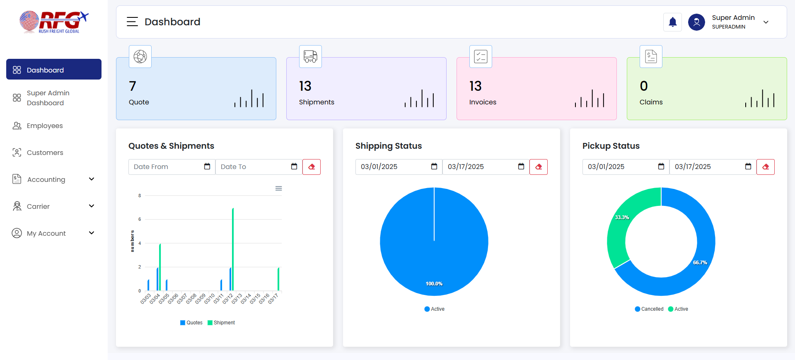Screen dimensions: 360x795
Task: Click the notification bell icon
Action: (672, 22)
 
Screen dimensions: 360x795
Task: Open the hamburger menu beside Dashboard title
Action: (132, 22)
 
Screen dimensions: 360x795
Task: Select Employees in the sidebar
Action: (45, 126)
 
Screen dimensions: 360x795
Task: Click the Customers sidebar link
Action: (45, 152)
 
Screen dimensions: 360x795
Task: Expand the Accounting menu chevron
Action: (92, 179)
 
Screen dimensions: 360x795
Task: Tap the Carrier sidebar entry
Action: (38, 206)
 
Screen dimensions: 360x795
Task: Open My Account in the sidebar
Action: (46, 233)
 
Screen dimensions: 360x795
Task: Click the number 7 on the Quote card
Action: (133, 86)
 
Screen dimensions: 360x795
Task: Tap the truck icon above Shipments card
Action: (310, 56)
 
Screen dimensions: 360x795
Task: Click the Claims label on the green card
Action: (651, 102)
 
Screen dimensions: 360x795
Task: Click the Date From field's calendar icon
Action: (207, 167)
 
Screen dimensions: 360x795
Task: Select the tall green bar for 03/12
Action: (233, 249)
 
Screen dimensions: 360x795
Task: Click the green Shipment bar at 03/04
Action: (160, 267)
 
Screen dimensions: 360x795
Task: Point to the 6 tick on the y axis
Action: (140, 219)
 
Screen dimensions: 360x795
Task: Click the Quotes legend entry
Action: (191, 323)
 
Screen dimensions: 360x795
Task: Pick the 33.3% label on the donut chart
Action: (622, 217)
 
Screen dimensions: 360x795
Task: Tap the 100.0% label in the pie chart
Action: (434, 284)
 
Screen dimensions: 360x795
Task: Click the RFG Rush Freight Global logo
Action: (54, 22)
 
